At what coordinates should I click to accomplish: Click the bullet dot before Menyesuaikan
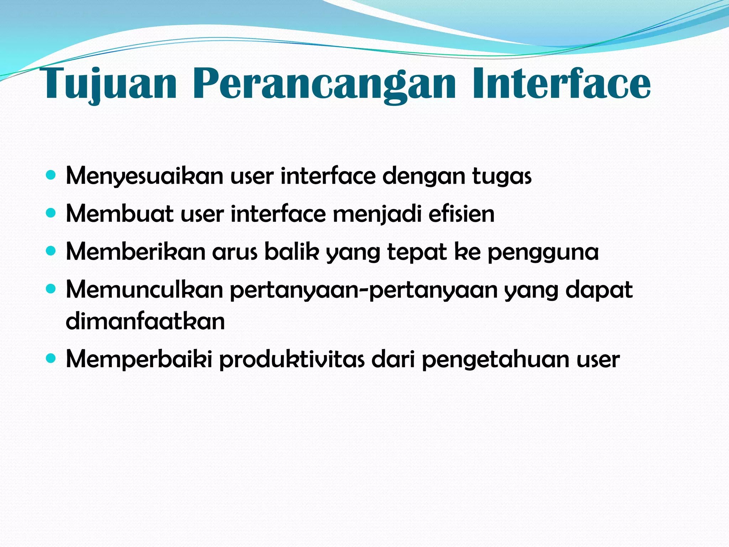pos(51,175)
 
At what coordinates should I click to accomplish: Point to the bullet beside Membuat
pos(51,213)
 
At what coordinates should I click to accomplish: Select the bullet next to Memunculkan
pos(51,289)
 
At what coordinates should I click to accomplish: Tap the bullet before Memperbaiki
pos(51,359)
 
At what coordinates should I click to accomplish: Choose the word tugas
pos(502,177)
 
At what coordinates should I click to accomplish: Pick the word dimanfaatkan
pos(145,321)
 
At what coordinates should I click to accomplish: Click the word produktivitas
pos(292,359)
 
